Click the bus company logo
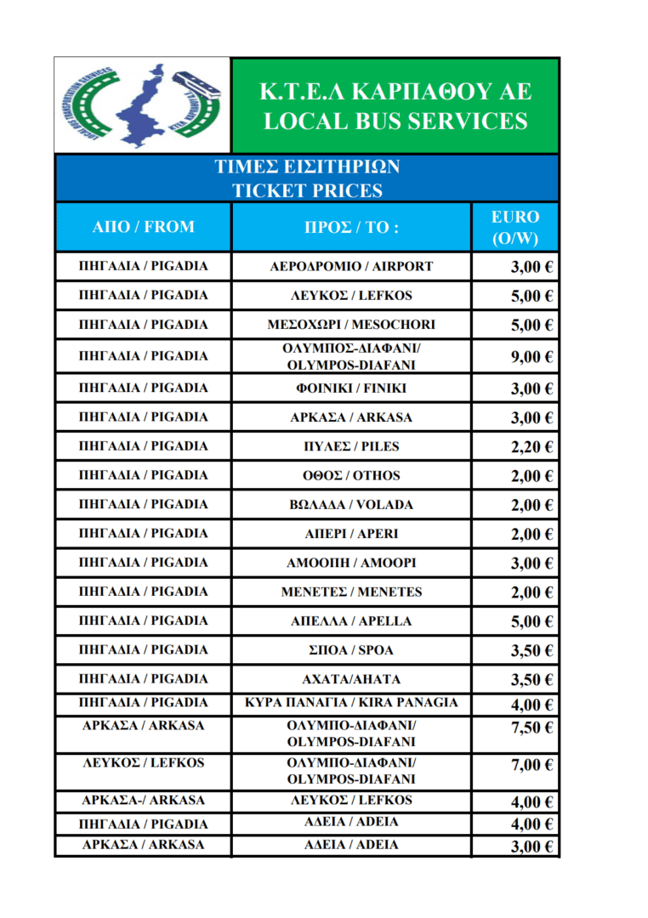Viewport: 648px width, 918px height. (142, 105)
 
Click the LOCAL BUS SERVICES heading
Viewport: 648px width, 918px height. (395, 121)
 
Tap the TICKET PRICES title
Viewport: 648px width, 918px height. (308, 190)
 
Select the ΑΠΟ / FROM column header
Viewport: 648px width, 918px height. (143, 227)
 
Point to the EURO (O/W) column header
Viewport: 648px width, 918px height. (515, 228)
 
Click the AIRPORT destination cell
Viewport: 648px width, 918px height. (351, 266)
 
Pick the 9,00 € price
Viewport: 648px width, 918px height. (532, 357)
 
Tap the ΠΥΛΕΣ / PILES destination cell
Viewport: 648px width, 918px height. (351, 446)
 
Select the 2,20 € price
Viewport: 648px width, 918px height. (532, 447)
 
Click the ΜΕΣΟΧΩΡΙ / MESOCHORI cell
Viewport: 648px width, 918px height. (351, 325)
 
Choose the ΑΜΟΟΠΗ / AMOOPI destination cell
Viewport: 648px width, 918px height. (351, 563)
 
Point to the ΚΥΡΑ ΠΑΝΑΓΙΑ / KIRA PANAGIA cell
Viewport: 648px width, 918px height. (351, 703)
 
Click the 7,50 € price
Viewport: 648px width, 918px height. (532, 728)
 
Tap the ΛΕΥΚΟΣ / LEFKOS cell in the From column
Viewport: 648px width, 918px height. (143, 763)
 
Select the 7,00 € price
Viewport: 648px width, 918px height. (532, 766)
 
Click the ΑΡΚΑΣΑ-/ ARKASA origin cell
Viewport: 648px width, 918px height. (143, 801)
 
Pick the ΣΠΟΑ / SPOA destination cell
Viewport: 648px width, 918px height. (351, 650)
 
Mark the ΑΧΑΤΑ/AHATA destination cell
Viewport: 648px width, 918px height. (351, 679)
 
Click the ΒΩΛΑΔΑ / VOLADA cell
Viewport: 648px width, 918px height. (351, 505)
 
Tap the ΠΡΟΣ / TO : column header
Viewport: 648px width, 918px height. (351, 227)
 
